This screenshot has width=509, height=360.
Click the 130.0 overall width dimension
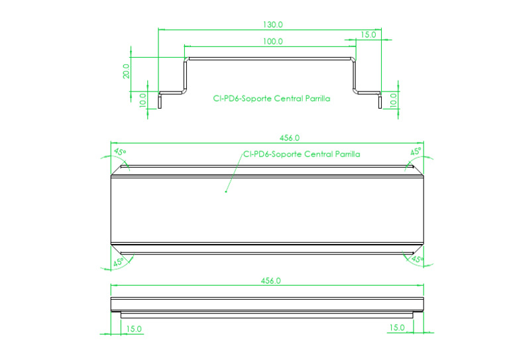[272, 25]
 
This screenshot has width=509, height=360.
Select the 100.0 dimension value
[272, 41]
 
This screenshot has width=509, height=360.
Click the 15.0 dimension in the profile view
[369, 34]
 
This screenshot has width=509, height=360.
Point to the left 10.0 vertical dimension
[142, 100]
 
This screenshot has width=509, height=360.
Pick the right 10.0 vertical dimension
[394, 100]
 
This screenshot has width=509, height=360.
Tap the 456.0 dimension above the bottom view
[271, 280]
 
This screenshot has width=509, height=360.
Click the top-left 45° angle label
[119, 152]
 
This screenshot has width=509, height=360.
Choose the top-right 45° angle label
[416, 152]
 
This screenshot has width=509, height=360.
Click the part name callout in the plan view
[302, 154]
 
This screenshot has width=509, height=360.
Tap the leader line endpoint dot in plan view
[226, 192]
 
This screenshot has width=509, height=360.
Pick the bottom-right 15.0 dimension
[397, 327]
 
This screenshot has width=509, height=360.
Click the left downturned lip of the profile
[160, 100]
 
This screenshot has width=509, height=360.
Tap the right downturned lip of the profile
[379, 100]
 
